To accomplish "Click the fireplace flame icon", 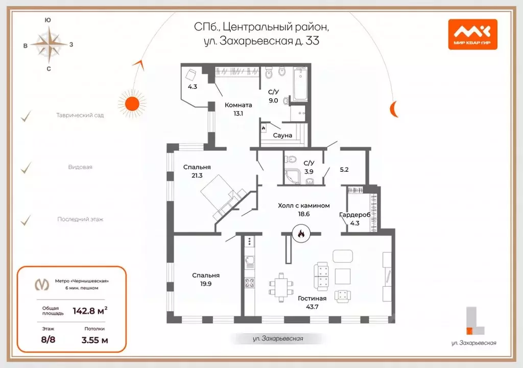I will point(300,234).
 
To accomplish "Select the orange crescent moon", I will point(394,108).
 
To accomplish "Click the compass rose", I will point(49,44).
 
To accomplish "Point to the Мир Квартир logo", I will point(472,34).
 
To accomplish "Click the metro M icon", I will point(40,284).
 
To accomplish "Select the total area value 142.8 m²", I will point(90,310).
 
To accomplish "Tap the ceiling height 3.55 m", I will point(94,339).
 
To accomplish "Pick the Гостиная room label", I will point(312,298).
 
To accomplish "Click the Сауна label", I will point(282,135).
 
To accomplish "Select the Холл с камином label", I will point(303,205).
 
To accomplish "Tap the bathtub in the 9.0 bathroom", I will point(300,83).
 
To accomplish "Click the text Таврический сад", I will point(80,116).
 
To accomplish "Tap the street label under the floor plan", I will point(278,339).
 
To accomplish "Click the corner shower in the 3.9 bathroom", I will point(293,176).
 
